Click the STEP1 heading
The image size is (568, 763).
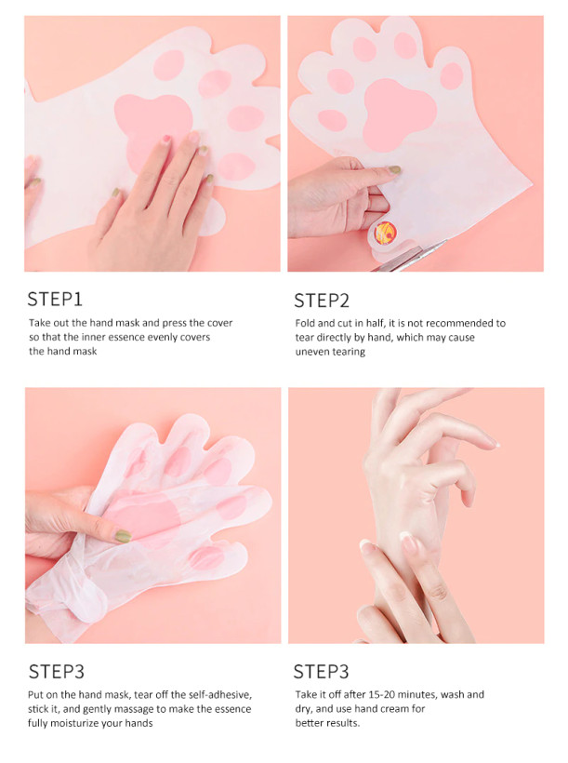(55, 300)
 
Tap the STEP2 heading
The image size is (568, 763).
(322, 301)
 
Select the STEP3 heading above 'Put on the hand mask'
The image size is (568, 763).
(57, 672)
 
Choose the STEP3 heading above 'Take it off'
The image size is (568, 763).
(321, 672)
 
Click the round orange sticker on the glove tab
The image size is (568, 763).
(385, 233)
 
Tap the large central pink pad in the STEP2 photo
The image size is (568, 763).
(399, 114)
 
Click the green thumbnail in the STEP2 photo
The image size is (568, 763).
(394, 170)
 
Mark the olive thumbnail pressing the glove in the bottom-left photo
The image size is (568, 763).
(123, 536)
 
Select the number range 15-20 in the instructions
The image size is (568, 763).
(385, 694)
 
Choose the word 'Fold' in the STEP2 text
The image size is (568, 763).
(305, 323)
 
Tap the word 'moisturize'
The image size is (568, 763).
(78, 723)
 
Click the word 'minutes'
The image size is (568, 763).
(419, 694)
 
